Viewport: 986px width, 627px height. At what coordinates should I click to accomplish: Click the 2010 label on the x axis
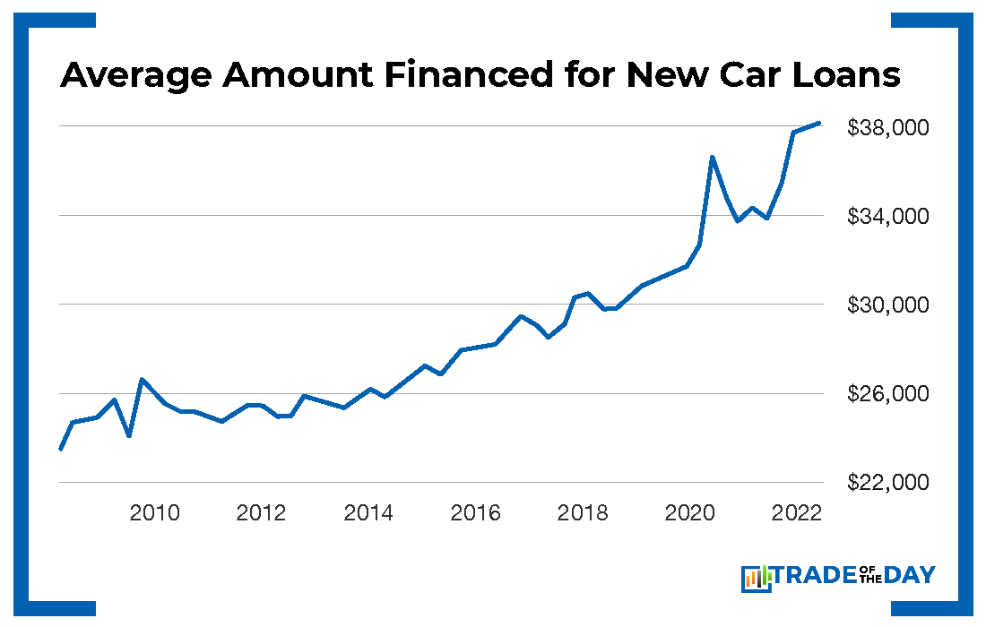(x=154, y=513)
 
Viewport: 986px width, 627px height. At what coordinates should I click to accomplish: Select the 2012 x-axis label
(x=261, y=513)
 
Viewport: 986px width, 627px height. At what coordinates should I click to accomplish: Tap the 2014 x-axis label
(x=368, y=513)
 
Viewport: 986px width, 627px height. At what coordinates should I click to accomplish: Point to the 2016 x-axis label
(x=475, y=513)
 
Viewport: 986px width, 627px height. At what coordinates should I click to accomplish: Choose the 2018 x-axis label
(x=582, y=513)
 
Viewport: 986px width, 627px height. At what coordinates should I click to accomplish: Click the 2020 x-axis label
(x=688, y=513)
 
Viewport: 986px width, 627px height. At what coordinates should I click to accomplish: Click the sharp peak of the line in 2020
(x=712, y=157)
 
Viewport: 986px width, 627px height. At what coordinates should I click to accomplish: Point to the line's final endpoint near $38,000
(x=818, y=123)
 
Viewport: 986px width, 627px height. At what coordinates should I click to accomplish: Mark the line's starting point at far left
(x=60, y=449)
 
